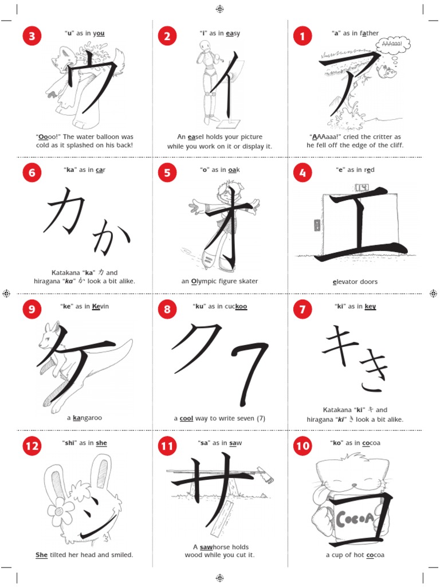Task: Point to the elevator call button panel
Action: tap(314, 225)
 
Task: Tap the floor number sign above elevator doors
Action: tap(363, 188)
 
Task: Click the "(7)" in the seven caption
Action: tap(260, 418)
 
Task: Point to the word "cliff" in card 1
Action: tap(395, 146)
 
